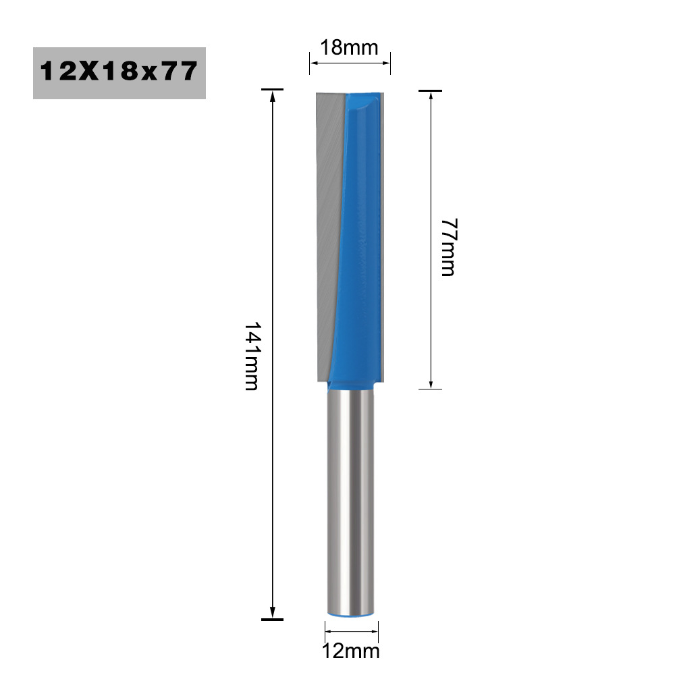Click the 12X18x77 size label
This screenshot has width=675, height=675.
coord(119,72)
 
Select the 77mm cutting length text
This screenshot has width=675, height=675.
coord(448,246)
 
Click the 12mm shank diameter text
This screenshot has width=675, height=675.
coord(352,651)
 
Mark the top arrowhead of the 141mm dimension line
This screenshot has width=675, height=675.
coord(272,96)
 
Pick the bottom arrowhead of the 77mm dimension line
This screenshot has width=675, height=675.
coord(431,382)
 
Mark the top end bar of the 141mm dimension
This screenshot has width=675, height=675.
coord(272,89)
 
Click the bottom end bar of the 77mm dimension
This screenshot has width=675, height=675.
coord(431,389)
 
